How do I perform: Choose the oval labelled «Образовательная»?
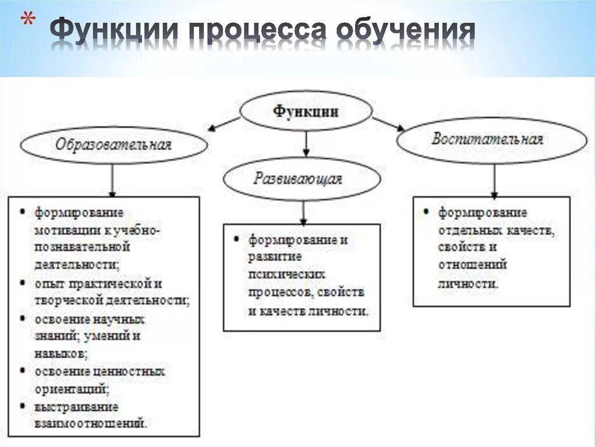tap(113, 145)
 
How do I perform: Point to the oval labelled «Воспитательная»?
tap(492, 140)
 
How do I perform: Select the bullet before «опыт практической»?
tap(22, 283)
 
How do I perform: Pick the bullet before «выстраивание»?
tap(22, 406)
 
